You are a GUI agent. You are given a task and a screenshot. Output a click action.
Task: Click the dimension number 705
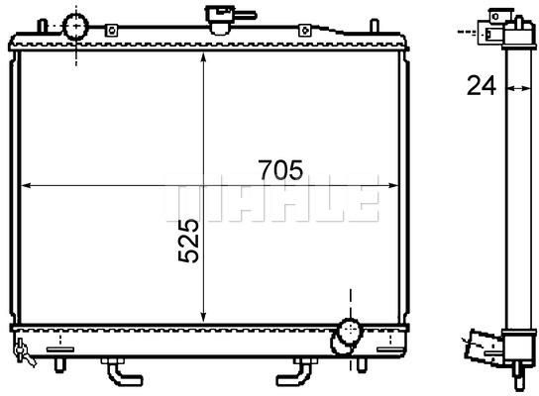click(x=281, y=170)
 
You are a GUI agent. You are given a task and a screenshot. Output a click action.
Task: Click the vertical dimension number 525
click(x=188, y=241)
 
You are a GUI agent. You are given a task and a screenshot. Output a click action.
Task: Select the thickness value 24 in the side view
click(x=482, y=85)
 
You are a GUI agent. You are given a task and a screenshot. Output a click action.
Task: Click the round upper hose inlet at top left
click(x=76, y=26)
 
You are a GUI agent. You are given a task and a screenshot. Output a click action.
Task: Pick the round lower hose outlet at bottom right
click(x=350, y=331)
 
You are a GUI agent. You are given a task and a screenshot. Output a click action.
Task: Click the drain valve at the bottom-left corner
click(x=24, y=352)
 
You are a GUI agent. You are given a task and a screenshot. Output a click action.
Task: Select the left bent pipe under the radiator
click(x=122, y=372)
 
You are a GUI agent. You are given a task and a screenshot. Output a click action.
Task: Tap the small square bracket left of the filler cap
click(x=111, y=31)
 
